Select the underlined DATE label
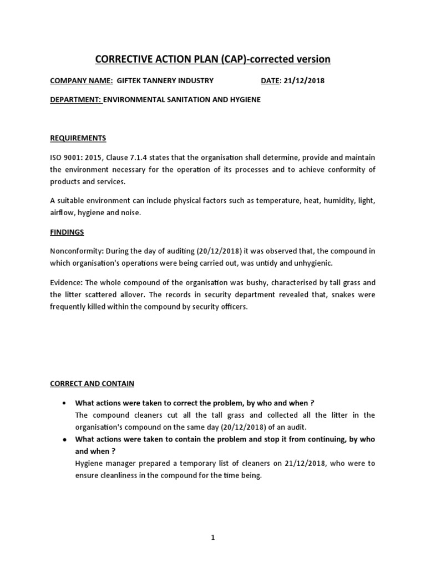[x=270, y=80]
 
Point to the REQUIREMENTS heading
[x=78, y=138]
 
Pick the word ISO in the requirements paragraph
[x=57, y=158]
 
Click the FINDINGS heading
[x=67, y=232]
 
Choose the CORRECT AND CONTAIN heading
[x=92, y=383]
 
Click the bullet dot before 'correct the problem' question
[x=66, y=403]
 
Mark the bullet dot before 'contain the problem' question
[x=66, y=439]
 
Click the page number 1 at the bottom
[x=213, y=537]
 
